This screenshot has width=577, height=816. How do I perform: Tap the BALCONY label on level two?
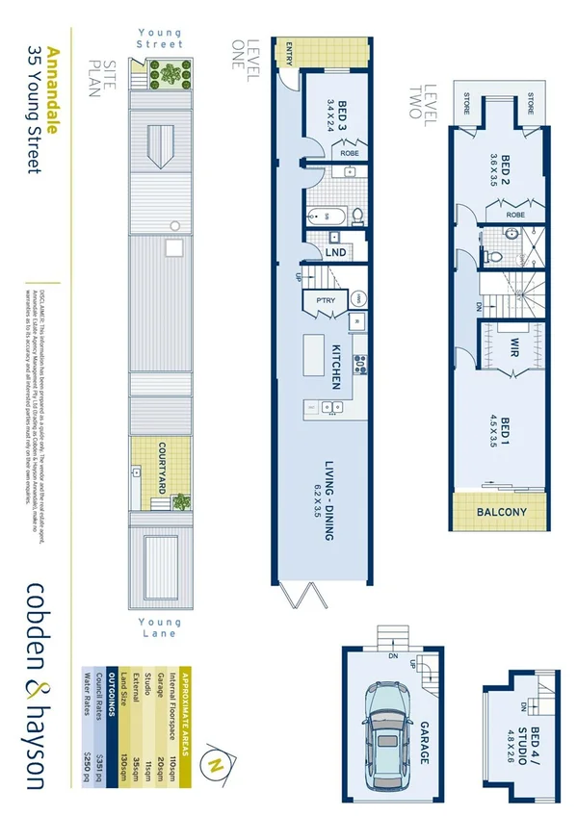502,512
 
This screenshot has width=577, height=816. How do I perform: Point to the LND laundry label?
337,251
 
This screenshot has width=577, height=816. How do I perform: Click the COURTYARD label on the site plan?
164,469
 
